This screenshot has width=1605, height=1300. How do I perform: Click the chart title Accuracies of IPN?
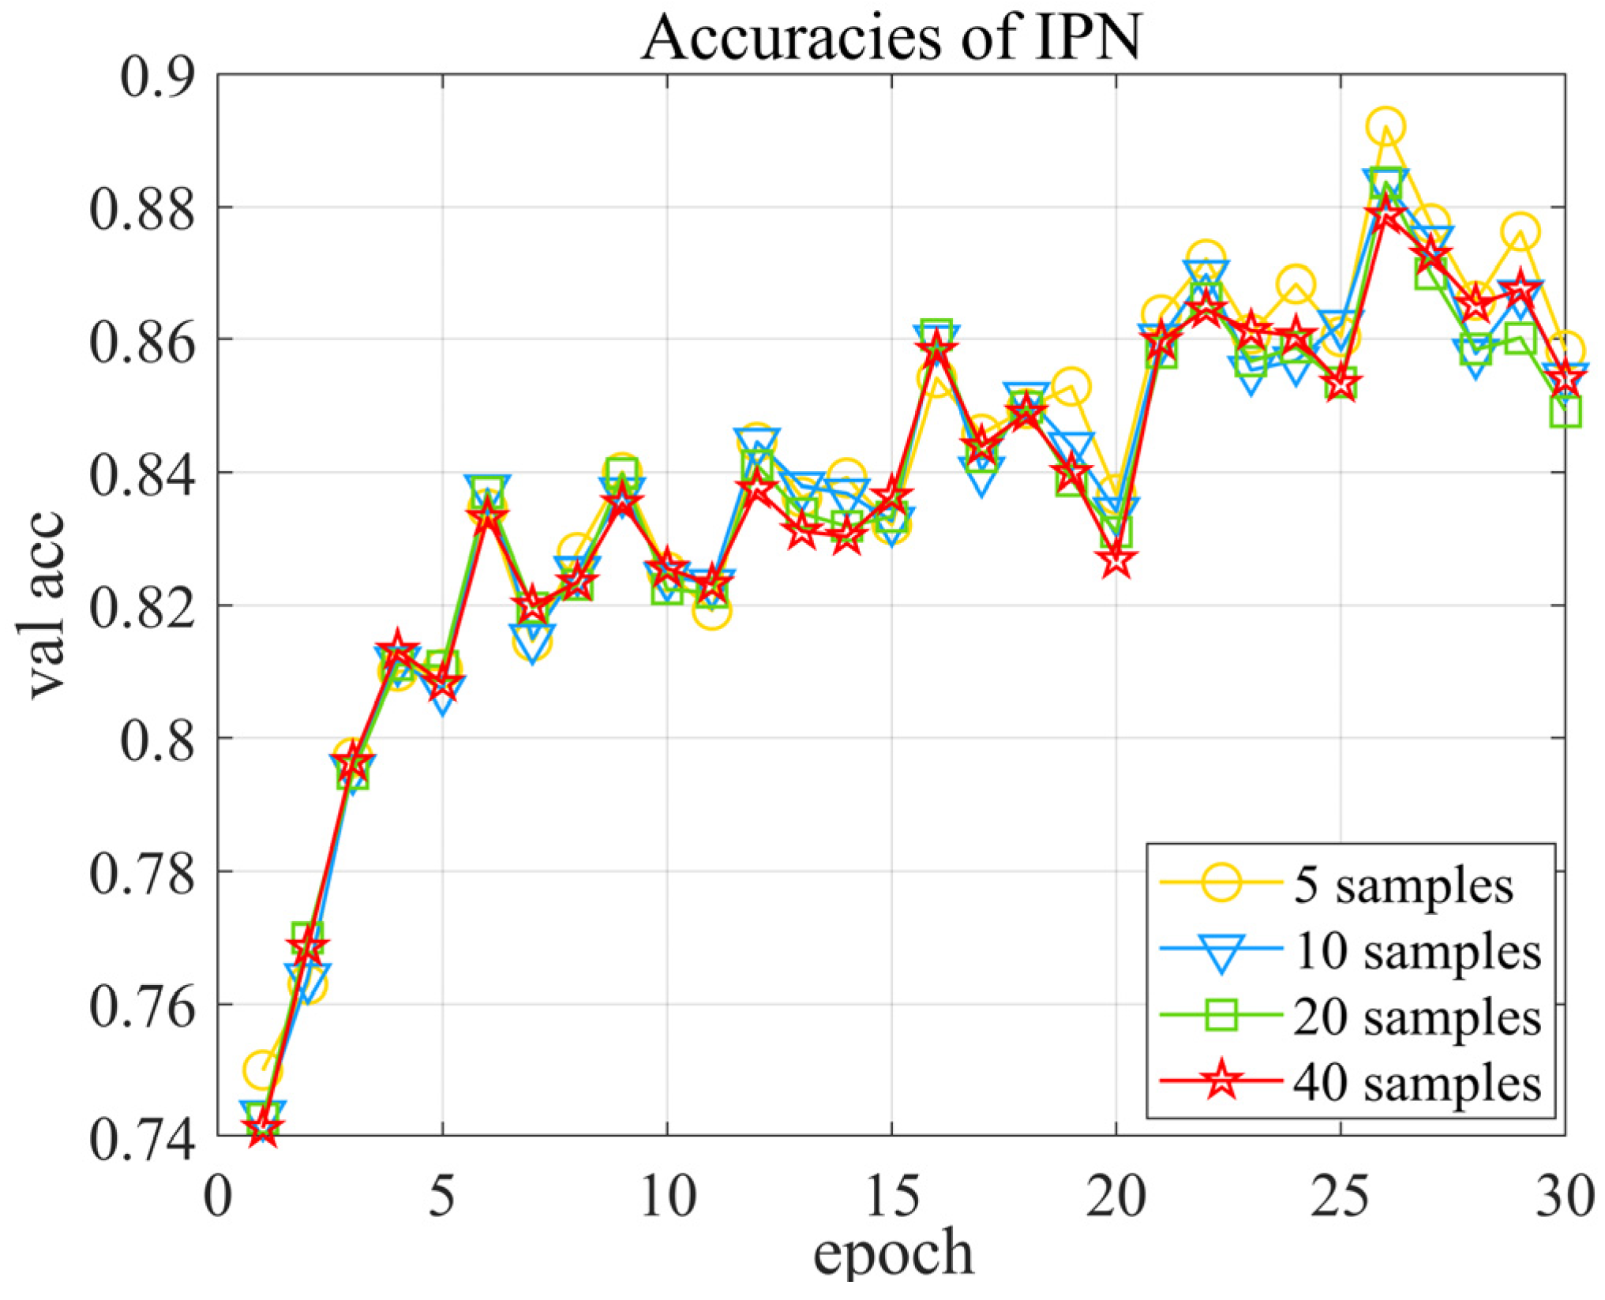[891, 37]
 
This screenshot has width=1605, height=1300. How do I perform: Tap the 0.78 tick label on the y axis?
[142, 874]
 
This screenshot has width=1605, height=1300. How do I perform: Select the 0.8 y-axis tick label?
[156, 740]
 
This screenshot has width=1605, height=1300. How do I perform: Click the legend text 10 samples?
[1417, 952]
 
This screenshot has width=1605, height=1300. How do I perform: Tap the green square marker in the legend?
[1221, 1017]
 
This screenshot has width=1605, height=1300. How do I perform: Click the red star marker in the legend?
[1221, 1081]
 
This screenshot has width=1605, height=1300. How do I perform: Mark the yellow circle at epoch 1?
[263, 1070]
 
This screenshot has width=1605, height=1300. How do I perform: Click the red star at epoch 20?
[1116, 562]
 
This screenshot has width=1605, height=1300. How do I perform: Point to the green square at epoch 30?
[1565, 412]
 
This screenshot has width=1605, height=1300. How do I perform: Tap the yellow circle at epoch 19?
[1072, 387]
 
